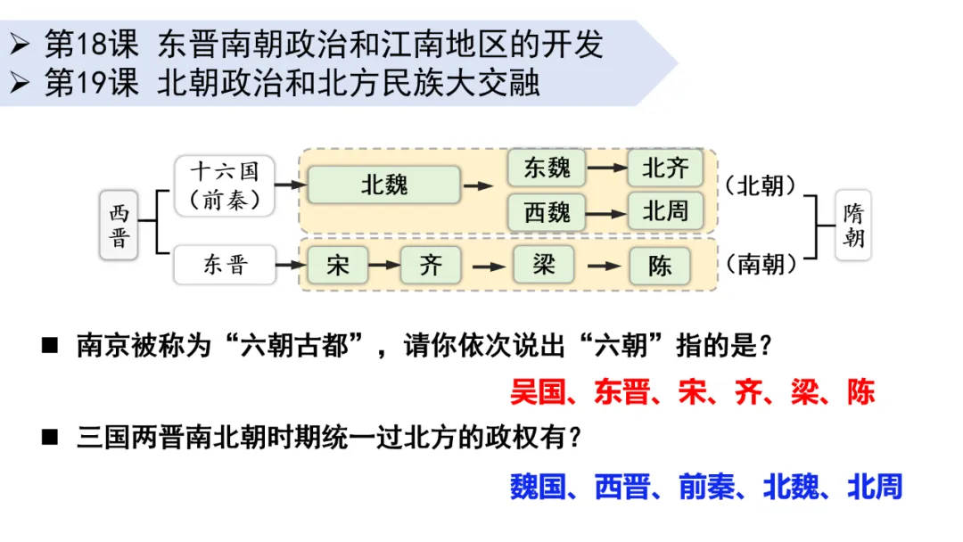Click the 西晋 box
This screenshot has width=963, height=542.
(119, 226)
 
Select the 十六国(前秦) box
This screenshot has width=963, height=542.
(225, 185)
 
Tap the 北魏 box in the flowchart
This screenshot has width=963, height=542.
(383, 185)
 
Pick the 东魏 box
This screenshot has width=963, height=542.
(546, 167)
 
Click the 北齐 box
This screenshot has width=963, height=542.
(664, 167)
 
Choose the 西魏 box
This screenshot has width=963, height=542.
(546, 212)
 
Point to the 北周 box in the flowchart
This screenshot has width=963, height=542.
(664, 211)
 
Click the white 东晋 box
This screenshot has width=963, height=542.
(225, 265)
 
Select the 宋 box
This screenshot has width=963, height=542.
(338, 265)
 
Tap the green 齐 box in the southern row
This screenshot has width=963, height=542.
(431, 265)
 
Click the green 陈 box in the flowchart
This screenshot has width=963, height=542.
(660, 265)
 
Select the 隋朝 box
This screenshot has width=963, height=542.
(853, 226)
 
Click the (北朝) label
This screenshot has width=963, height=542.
(761, 185)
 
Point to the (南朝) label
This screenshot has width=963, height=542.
(761, 265)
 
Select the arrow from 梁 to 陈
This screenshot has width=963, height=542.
(604, 266)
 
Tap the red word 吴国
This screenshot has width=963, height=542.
(538, 392)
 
